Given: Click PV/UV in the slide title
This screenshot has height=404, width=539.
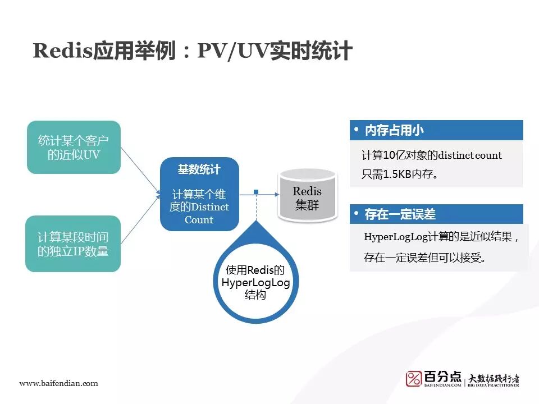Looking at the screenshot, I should [x=232, y=50].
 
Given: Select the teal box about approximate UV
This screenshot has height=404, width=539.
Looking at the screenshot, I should [x=74, y=147].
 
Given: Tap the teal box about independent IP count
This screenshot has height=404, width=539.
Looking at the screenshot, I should [x=74, y=244].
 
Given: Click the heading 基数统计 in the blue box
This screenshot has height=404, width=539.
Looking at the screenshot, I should [x=199, y=169].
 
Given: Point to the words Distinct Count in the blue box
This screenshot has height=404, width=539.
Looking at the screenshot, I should [x=199, y=213].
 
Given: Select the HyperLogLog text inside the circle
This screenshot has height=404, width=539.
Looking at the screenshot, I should [x=255, y=282].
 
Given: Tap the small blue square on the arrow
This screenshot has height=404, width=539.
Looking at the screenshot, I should [x=256, y=192].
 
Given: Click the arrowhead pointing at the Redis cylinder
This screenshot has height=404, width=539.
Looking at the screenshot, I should [x=276, y=194].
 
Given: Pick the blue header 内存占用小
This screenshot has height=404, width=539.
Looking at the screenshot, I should [x=394, y=131].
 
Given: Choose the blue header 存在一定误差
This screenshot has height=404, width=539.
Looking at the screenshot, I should [x=400, y=214].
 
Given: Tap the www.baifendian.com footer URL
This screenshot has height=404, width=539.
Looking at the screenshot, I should [x=58, y=383].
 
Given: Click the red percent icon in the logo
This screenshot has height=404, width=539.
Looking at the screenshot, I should [x=414, y=378].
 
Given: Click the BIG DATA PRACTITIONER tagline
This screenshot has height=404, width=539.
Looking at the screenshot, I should [x=494, y=385].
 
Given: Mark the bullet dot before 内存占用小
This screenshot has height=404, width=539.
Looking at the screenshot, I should [x=356, y=130].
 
